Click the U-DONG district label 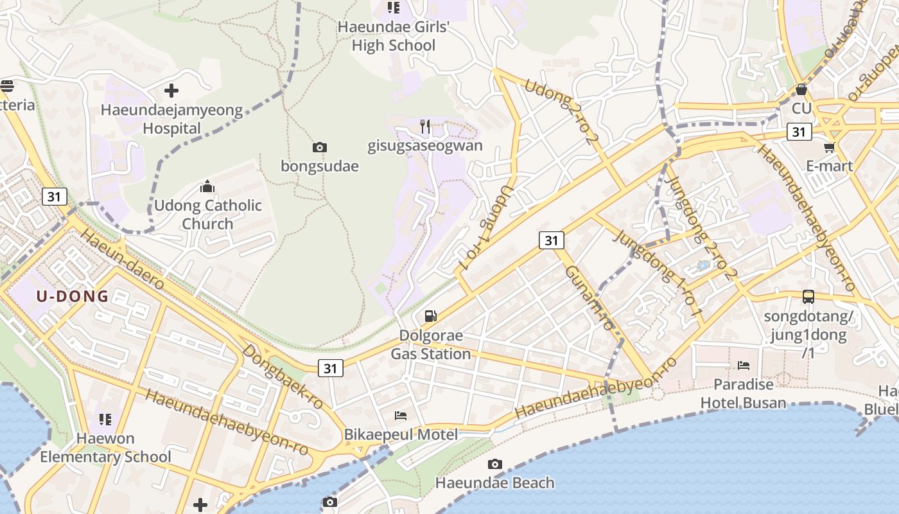coord(72,296)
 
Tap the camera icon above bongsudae coord(319,148)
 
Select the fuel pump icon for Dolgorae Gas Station coord(431,315)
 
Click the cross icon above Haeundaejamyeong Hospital coord(171,91)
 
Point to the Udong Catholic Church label coord(207,215)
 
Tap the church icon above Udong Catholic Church coord(207,187)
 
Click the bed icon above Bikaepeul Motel coord(401,415)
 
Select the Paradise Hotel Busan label coord(743,393)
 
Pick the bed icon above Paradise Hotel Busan coord(744,366)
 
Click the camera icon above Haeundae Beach coord(494,464)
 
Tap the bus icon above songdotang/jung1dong coord(808,297)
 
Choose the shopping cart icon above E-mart coord(830,147)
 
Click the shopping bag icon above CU coord(801,89)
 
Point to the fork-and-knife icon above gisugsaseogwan coord(425,126)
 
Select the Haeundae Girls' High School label coord(394,36)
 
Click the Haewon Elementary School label coord(105,448)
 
